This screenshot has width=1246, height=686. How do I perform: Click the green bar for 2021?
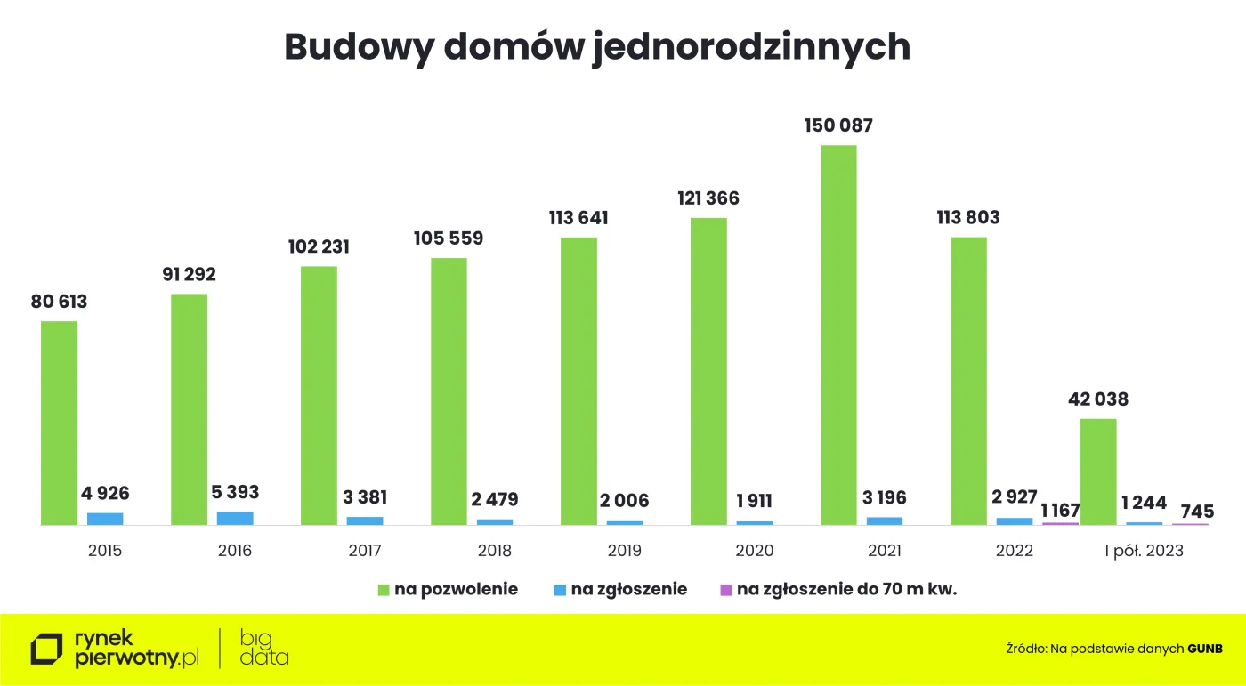click(x=838, y=335)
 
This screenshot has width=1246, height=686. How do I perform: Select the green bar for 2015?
click(x=59, y=423)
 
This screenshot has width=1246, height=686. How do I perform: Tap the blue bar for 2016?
click(x=235, y=518)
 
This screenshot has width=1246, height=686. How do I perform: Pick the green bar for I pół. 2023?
click(x=1098, y=472)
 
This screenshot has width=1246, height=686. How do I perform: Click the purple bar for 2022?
click(x=1060, y=523)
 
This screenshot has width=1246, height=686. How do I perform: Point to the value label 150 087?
click(x=838, y=125)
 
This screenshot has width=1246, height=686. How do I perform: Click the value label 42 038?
click(x=1098, y=399)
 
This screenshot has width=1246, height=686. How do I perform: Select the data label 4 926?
click(x=105, y=494)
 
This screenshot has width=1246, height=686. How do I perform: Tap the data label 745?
click(x=1191, y=512)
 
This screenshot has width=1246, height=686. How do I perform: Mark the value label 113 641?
click(x=578, y=218)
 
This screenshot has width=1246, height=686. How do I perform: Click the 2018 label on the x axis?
click(x=495, y=551)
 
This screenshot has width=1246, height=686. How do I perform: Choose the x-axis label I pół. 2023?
click(x=1145, y=551)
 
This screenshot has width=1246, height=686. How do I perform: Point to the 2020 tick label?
click(x=755, y=551)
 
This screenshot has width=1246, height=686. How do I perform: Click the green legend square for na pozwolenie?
click(x=384, y=589)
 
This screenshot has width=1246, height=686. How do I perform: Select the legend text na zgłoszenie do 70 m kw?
click(x=846, y=589)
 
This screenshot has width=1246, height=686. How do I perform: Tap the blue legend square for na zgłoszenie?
click(x=559, y=589)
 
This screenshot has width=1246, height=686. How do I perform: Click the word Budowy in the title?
click(x=358, y=47)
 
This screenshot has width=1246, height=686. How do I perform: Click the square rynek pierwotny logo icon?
click(x=47, y=649)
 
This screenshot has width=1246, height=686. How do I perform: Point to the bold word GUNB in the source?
click(x=1205, y=649)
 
